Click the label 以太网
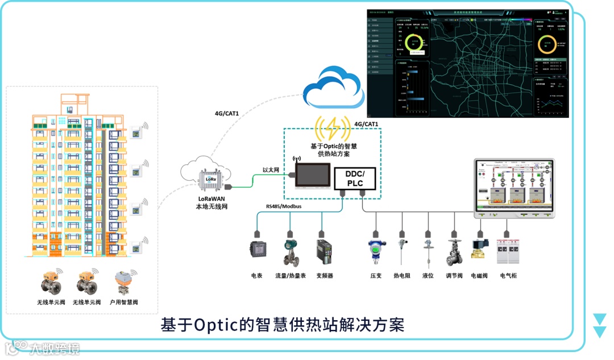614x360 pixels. (271, 170)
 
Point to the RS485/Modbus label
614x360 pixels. (284, 206)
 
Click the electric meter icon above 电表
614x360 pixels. (257, 250)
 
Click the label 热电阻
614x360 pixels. (402, 276)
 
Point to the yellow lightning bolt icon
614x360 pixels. (333, 127)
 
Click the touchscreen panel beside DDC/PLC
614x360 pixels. (312, 175)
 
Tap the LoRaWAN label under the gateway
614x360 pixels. (208, 197)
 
